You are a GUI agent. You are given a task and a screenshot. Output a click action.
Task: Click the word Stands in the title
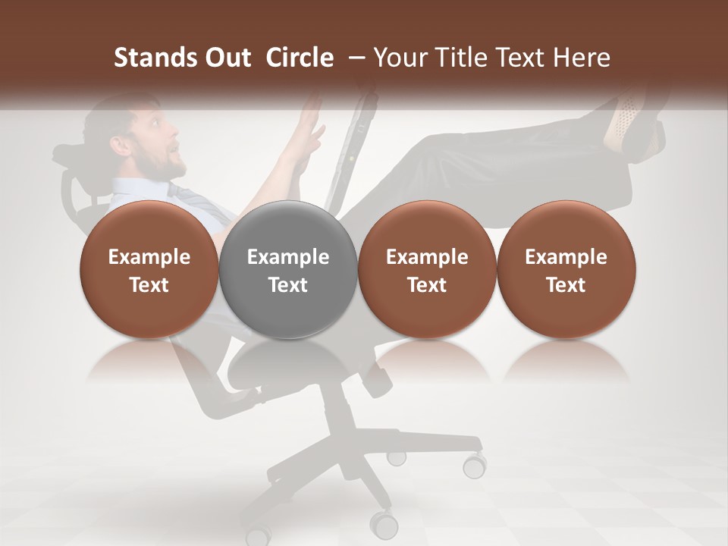pyautogui.click(x=151, y=58)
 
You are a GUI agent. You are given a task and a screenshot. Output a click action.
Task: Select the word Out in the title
pyautogui.click(x=224, y=58)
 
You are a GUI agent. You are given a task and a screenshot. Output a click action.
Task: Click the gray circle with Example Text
pyautogui.click(x=288, y=269)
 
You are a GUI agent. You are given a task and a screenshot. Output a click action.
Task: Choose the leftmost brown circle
pyautogui.click(x=149, y=269)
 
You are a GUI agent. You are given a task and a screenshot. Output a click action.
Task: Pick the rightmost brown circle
pyautogui.click(x=566, y=269)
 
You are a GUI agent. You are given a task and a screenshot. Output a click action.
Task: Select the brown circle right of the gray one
pyautogui.click(x=427, y=269)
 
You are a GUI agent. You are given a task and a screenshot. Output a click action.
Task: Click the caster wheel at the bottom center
pyautogui.click(x=384, y=522)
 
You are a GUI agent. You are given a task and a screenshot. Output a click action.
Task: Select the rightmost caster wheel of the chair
pyautogui.click(x=475, y=464)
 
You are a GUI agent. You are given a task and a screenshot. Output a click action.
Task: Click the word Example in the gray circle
pyautogui.click(x=288, y=257)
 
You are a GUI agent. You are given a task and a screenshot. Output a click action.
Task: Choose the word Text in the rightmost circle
pyautogui.click(x=566, y=285)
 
